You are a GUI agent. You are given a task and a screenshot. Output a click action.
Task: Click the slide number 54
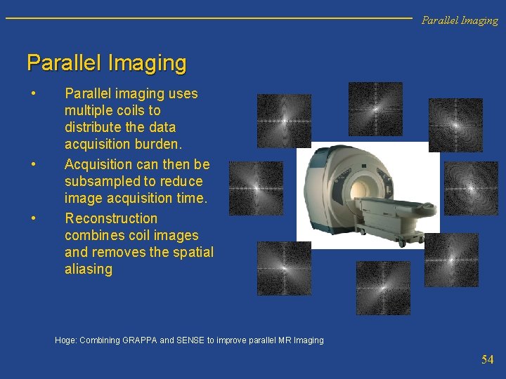487,359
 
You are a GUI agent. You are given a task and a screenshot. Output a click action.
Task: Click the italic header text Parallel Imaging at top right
459,20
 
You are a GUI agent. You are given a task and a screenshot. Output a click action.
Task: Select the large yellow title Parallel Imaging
106,63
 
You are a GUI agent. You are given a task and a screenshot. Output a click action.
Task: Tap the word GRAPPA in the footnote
140,340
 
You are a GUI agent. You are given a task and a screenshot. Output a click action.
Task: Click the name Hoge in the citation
65,340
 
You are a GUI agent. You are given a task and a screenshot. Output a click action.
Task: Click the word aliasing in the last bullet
88,270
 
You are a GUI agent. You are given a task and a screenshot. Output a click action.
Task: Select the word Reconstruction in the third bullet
111,218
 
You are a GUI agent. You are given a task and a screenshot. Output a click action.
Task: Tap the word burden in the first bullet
159,145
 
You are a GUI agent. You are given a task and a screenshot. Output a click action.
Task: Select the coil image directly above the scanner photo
375,109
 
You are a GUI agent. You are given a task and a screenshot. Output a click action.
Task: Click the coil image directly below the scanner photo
382,288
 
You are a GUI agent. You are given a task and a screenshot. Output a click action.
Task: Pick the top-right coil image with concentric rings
455,125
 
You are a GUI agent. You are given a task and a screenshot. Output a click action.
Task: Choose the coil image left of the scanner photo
256,188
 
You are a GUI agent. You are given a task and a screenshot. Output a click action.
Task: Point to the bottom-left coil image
283,268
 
